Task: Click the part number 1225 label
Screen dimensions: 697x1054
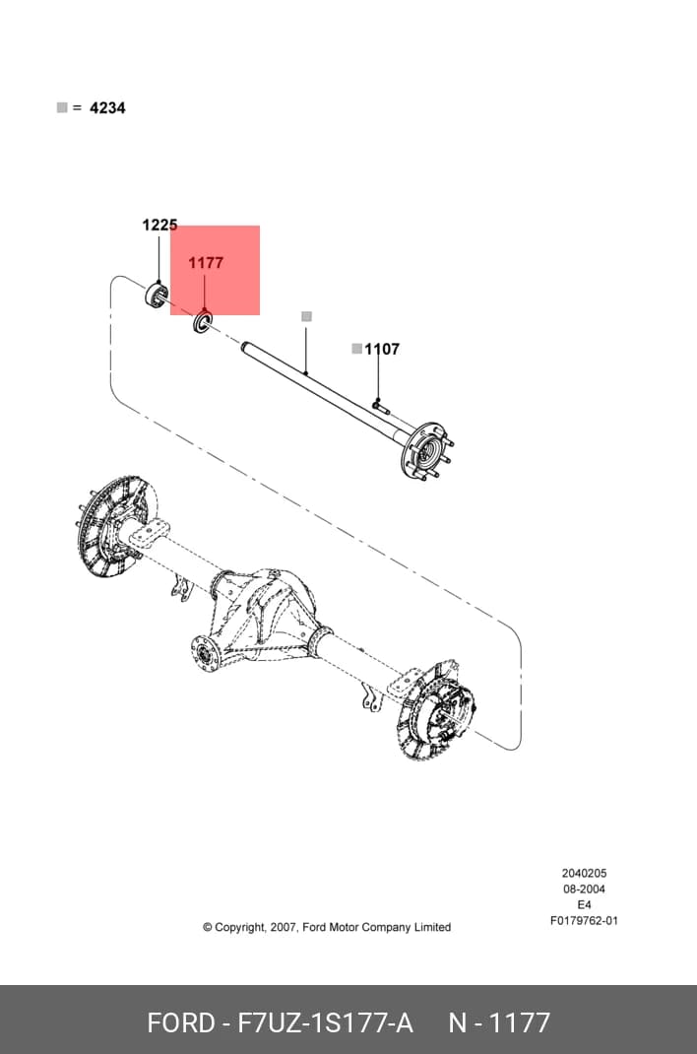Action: pos(159,225)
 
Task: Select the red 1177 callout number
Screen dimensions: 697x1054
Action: pos(206,263)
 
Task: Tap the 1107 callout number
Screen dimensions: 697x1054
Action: pos(382,349)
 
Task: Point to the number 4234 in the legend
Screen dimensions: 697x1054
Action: pos(107,107)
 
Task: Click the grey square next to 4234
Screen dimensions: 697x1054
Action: pos(62,107)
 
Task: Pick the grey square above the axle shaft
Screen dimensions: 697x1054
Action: pos(307,316)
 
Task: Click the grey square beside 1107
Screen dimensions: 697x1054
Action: pos(357,348)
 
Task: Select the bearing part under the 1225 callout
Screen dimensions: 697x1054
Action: pos(158,296)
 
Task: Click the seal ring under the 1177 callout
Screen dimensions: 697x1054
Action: pos(203,321)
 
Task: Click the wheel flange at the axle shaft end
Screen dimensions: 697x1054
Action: pos(425,451)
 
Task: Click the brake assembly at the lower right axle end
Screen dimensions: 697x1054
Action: pos(436,712)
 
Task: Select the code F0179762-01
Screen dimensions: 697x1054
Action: pos(584,921)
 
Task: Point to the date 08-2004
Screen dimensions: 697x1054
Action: pos(584,889)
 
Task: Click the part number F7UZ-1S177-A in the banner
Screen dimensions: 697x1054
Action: pos(326,1023)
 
